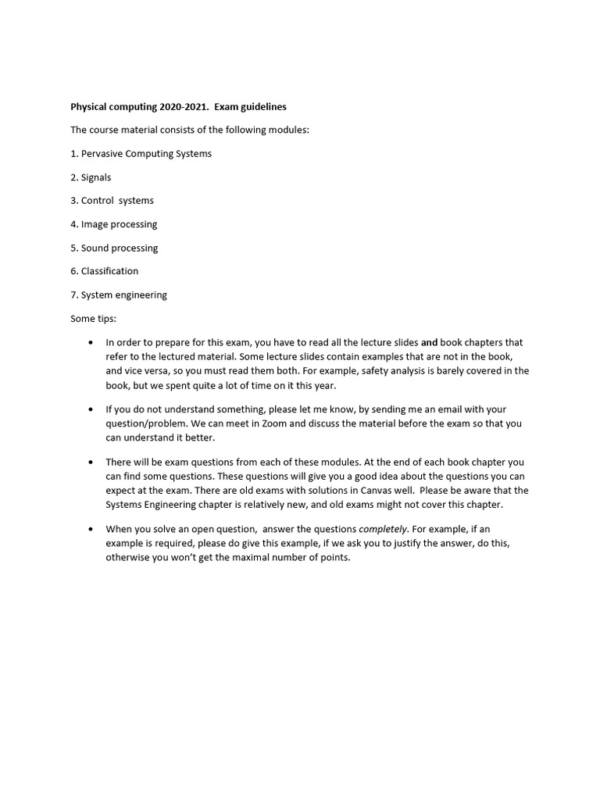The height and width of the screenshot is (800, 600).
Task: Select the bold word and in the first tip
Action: tap(429, 342)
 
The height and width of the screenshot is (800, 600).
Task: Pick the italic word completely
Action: tap(383, 529)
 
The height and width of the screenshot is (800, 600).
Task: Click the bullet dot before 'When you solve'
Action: tap(92, 529)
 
